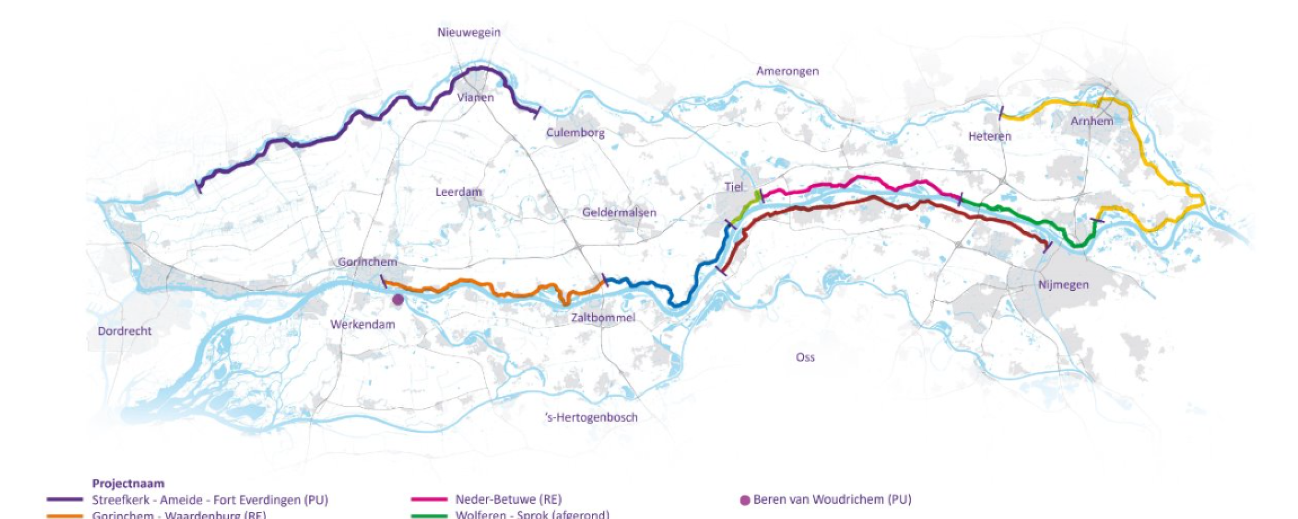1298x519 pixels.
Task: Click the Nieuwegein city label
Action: coord(468,32)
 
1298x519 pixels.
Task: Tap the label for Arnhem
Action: coord(1092,121)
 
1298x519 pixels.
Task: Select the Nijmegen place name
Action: coord(1063,285)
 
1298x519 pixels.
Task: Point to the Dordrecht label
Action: coord(125,331)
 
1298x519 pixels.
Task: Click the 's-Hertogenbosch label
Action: coord(591,418)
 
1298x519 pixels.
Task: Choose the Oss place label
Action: coord(805,357)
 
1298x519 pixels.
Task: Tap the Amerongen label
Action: coord(787,71)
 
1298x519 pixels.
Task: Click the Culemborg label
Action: coord(575,133)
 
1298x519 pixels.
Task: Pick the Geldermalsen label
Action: coord(619,212)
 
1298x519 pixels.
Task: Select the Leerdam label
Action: coord(458,192)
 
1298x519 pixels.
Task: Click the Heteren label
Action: coord(990,136)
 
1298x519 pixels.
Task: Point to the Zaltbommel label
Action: coord(603,318)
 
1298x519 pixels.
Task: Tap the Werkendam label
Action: coord(363,324)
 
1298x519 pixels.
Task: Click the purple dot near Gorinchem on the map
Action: coord(398,300)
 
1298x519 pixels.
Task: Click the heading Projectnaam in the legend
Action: coord(128,484)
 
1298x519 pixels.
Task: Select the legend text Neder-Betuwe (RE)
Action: coord(508,500)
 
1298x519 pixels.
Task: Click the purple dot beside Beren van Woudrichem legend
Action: coord(745,501)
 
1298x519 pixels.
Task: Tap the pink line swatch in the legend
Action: coord(428,500)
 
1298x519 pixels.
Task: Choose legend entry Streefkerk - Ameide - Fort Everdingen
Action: coord(210,500)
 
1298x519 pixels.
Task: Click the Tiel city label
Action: coord(734,187)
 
